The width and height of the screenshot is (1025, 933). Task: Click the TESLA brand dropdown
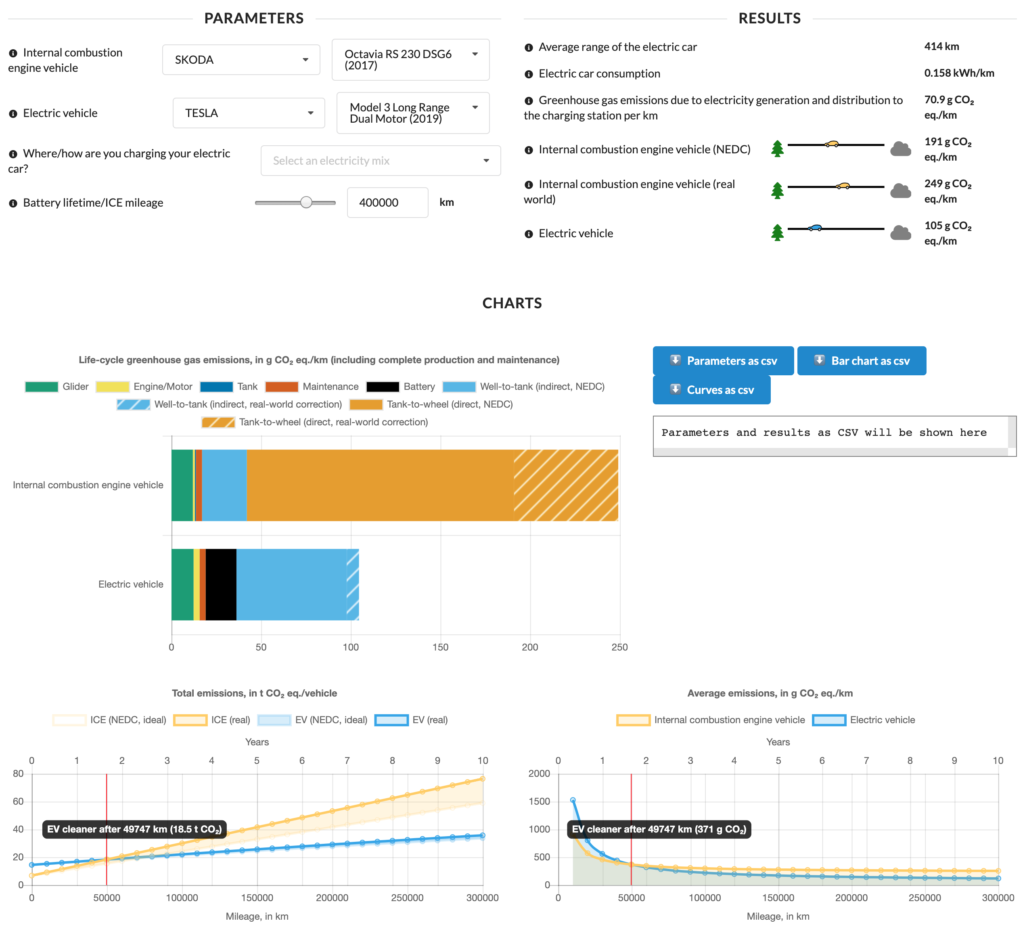(x=249, y=113)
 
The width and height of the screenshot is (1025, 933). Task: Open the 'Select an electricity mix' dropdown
(x=380, y=161)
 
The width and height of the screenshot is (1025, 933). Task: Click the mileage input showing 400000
(x=387, y=202)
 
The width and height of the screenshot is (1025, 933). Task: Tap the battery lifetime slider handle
(x=306, y=202)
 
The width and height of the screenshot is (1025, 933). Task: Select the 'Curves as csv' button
(x=711, y=390)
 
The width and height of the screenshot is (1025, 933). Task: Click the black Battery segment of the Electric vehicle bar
(x=221, y=585)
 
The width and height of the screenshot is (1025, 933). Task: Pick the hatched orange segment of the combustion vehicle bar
(x=565, y=485)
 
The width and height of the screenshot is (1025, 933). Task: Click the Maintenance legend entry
(x=312, y=387)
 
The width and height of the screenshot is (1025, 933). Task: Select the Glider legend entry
(x=57, y=387)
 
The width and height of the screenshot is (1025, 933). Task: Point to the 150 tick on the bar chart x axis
(x=440, y=647)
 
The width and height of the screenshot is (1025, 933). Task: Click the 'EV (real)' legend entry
(x=411, y=720)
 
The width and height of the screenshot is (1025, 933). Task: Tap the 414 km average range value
(x=941, y=46)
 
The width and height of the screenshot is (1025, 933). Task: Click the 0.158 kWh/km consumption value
(x=959, y=73)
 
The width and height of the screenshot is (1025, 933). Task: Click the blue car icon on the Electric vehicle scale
(x=815, y=228)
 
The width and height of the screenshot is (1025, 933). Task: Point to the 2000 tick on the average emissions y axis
(x=539, y=773)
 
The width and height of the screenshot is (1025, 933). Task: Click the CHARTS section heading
(x=512, y=303)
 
